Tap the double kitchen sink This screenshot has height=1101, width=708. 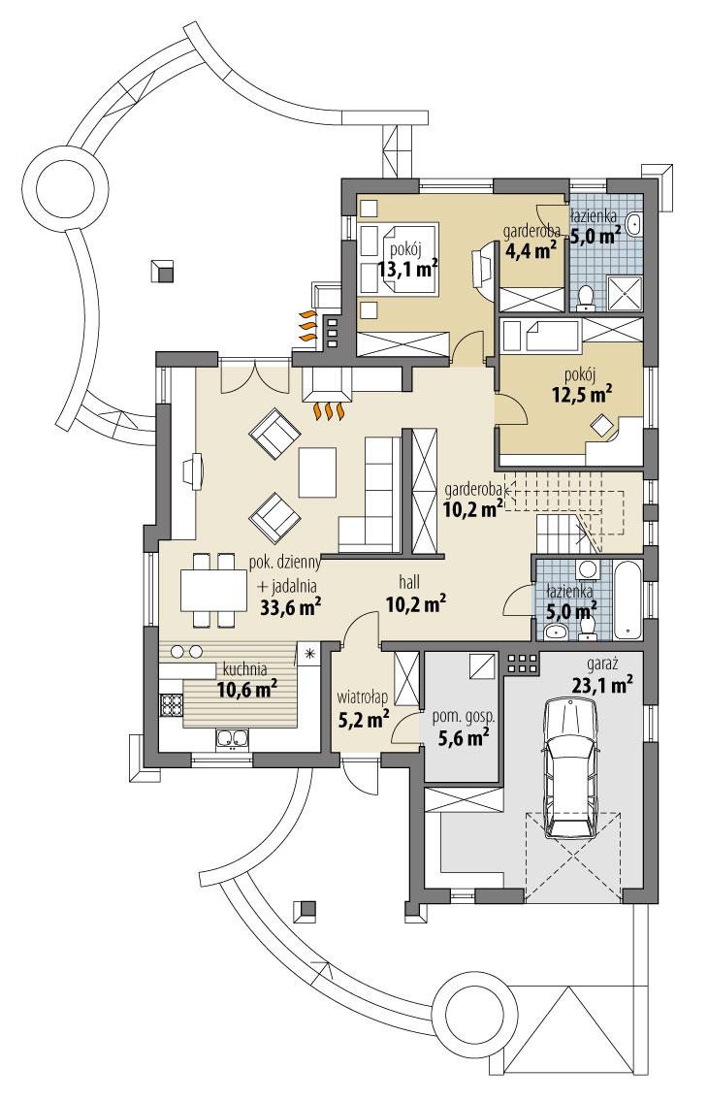click(x=233, y=740)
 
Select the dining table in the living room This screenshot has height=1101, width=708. click(x=213, y=590)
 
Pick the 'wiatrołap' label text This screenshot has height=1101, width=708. click(x=363, y=696)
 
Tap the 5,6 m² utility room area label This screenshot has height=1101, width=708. click(x=463, y=738)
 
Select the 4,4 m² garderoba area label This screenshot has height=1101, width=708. click(x=530, y=251)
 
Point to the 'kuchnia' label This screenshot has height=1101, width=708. click(x=244, y=668)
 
